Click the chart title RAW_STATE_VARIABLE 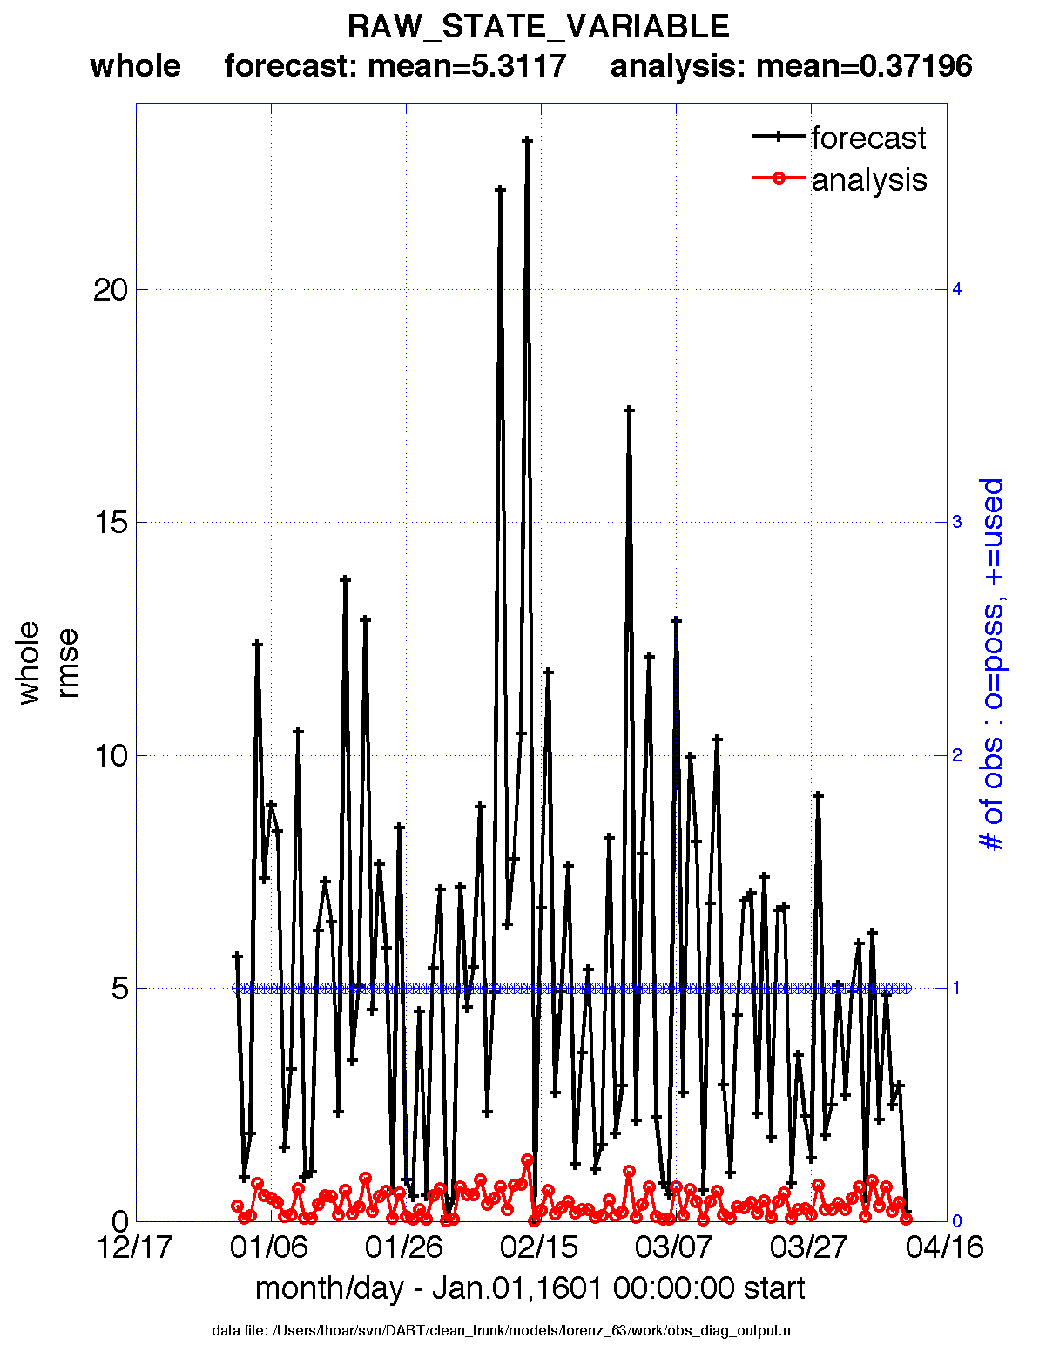tap(538, 27)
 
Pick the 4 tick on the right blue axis tap(956, 289)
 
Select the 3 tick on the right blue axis tap(956, 522)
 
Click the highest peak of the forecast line tap(527, 139)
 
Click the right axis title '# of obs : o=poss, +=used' tap(992, 664)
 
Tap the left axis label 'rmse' tap(67, 664)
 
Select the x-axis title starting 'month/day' tap(530, 1288)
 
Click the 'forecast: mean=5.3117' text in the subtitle tap(395, 65)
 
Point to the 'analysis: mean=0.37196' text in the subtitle tap(791, 65)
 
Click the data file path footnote tap(502, 1330)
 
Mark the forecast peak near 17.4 tap(629, 409)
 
